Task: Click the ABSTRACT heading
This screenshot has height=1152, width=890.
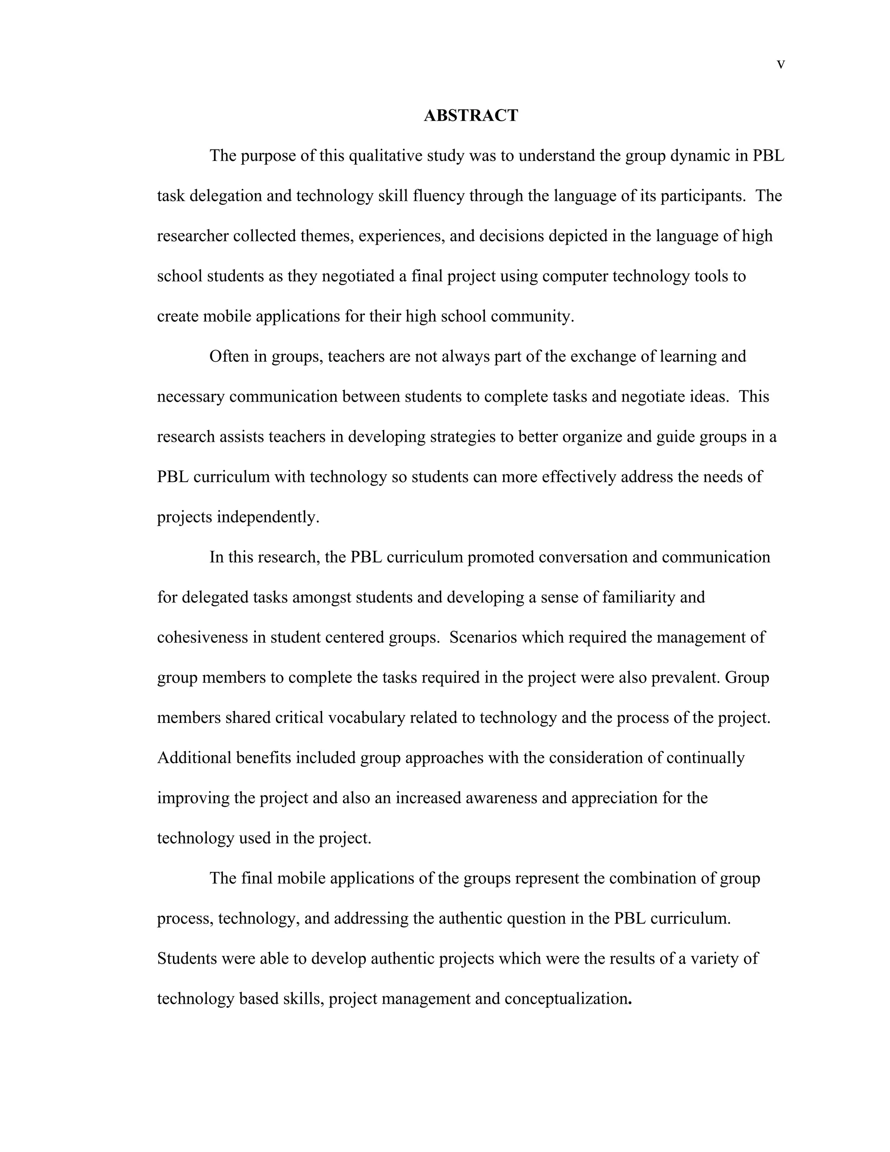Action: click(x=471, y=116)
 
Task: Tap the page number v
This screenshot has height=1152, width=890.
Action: click(x=781, y=64)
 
